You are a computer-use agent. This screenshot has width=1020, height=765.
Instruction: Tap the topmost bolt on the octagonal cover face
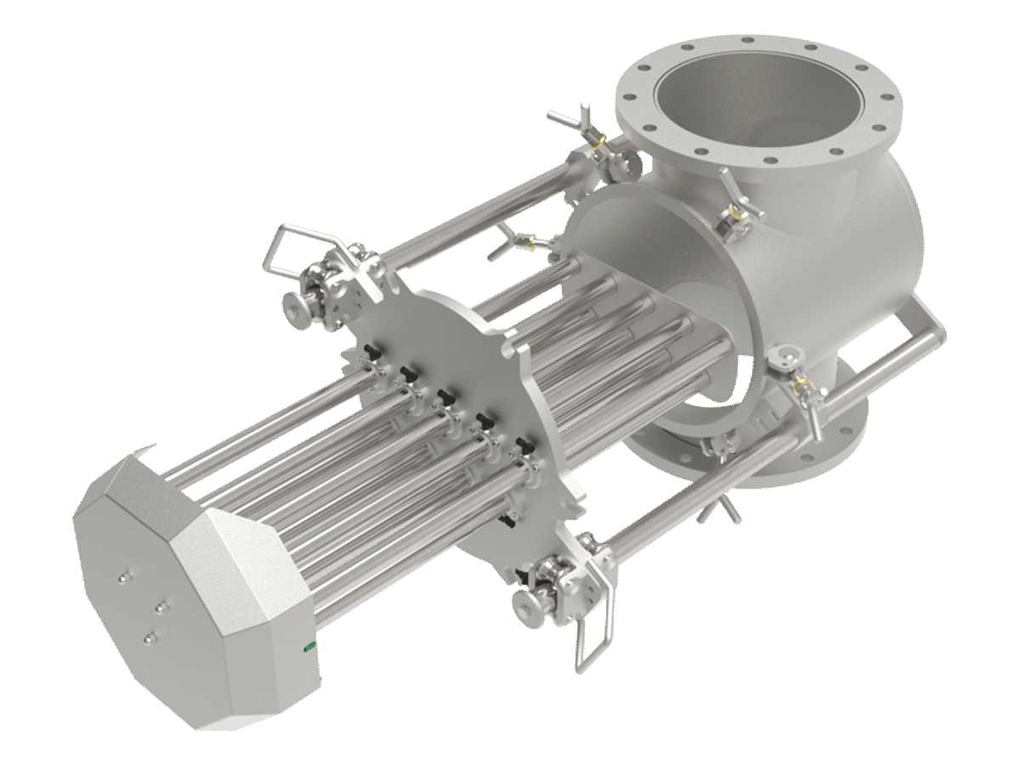[x=124, y=577]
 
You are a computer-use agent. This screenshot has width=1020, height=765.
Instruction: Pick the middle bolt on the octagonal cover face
[x=161, y=606]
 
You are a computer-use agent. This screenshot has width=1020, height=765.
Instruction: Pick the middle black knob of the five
[x=443, y=398]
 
